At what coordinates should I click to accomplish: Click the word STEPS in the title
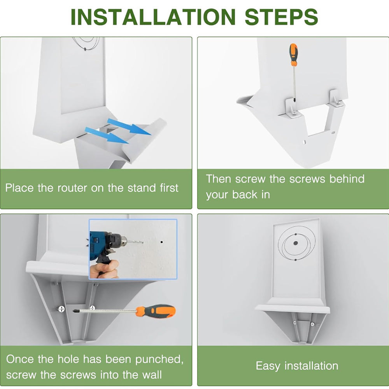(x=281, y=17)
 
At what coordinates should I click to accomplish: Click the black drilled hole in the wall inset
(x=161, y=243)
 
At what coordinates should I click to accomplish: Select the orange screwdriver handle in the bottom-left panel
(x=156, y=311)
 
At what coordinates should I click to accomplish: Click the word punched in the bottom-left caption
(x=159, y=359)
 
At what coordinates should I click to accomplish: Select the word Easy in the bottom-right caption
(x=268, y=366)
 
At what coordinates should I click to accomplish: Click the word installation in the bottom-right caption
(x=311, y=366)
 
